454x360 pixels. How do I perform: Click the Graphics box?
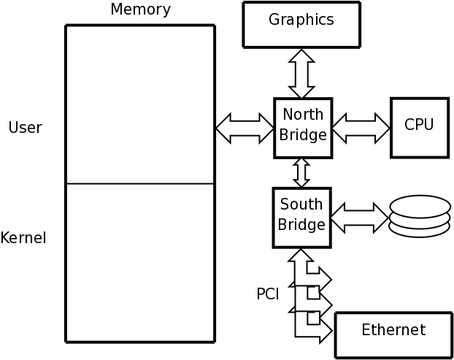pos(301,24)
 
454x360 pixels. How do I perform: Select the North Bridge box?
pos(303,128)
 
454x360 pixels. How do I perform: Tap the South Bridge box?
pos(301,217)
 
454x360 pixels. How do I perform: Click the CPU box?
pos(419,128)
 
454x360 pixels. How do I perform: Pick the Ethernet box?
pos(393,334)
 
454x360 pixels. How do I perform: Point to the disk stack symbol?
pos(419,216)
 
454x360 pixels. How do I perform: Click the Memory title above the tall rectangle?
pos(140,9)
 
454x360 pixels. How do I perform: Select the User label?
pos(25,128)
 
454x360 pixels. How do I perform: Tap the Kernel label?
pos(23,238)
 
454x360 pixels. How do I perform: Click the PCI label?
pos(267,294)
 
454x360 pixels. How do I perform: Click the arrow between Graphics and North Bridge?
pos(301,74)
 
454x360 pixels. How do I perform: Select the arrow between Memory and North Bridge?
pos(245,129)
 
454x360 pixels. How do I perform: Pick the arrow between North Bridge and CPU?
pos(361,129)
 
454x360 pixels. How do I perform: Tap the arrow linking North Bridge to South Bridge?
pos(301,172)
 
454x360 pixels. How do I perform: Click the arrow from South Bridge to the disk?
pos(359,218)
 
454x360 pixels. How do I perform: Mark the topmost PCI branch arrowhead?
pos(325,279)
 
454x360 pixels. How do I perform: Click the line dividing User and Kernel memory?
pos(140,184)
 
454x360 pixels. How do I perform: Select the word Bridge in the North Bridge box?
pos(303,136)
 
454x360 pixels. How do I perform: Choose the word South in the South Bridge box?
pos(301,204)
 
